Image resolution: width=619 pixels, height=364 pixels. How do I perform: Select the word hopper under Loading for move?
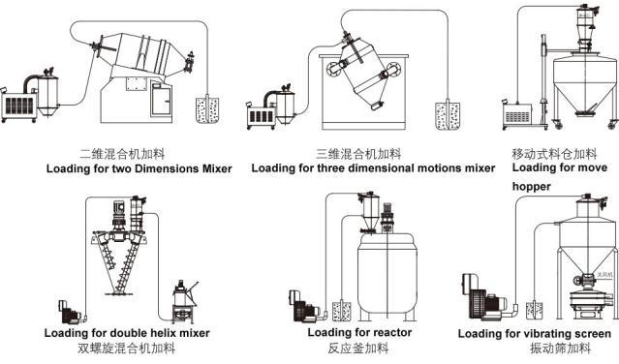tap(532, 187)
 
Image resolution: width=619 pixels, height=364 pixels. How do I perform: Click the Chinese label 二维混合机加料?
tap(122, 154)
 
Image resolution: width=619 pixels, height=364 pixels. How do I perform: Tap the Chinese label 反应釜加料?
tap(358, 349)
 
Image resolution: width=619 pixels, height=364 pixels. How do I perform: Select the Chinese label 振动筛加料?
tap(560, 349)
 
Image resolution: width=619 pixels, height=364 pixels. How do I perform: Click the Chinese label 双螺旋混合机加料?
tap(126, 349)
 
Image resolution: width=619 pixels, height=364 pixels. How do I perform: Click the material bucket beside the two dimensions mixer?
tap(207, 110)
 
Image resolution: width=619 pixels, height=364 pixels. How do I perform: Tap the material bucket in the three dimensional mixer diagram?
tap(448, 116)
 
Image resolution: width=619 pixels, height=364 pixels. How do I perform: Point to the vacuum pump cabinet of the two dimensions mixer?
tap(18, 106)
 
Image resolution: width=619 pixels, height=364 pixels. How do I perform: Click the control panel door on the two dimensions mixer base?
tap(162, 100)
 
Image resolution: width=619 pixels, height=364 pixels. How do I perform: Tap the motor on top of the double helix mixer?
tap(118, 214)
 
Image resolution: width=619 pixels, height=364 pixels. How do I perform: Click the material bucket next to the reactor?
tap(341, 312)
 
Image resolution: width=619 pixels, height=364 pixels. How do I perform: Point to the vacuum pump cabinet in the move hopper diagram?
tap(517, 115)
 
